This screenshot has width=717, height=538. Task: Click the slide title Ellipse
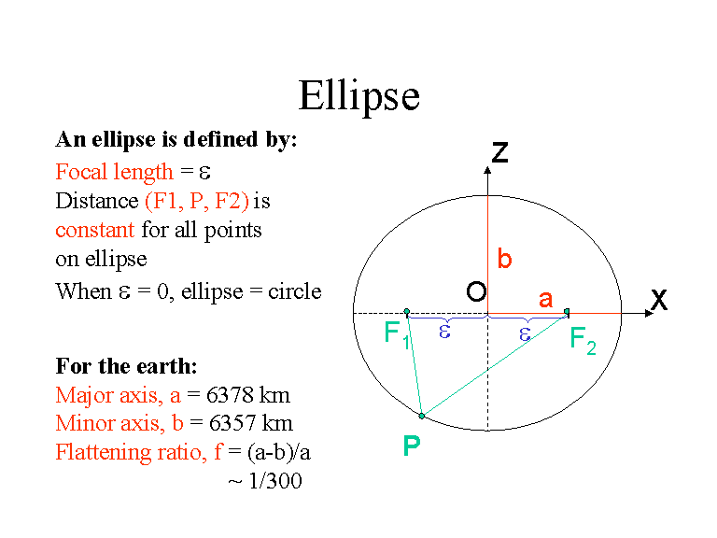[x=358, y=96]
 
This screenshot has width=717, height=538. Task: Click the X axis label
[x=659, y=300]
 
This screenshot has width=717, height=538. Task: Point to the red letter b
[x=504, y=260]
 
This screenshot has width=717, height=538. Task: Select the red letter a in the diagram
[x=546, y=300]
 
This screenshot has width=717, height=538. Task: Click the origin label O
[x=476, y=292]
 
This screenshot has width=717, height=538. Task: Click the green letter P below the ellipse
[x=411, y=447]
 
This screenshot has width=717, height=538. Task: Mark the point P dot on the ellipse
[x=422, y=416]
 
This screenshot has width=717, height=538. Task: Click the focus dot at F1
[x=406, y=311]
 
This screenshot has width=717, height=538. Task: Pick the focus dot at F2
[x=568, y=311]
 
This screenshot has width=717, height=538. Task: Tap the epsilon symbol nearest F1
[x=445, y=331]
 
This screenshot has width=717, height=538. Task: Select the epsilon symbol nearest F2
[x=525, y=333]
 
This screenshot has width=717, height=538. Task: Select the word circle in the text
[x=296, y=291]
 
